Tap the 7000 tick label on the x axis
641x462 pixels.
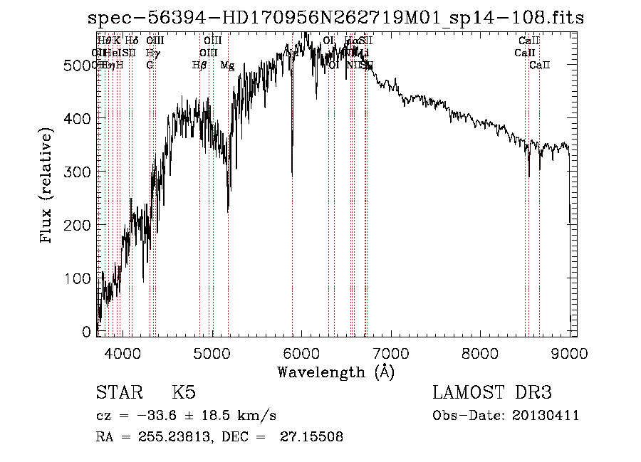(392, 352)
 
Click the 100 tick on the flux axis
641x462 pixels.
(79, 278)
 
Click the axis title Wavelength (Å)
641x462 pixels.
(335, 371)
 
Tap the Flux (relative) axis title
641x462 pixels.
(48, 187)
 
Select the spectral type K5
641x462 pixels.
(184, 393)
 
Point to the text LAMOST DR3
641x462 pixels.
(492, 393)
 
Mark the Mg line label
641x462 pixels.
(227, 65)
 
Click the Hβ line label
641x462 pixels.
(199, 65)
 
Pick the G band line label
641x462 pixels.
(150, 65)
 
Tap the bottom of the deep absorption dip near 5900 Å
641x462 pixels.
(292, 173)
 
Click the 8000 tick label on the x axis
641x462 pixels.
(480, 352)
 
